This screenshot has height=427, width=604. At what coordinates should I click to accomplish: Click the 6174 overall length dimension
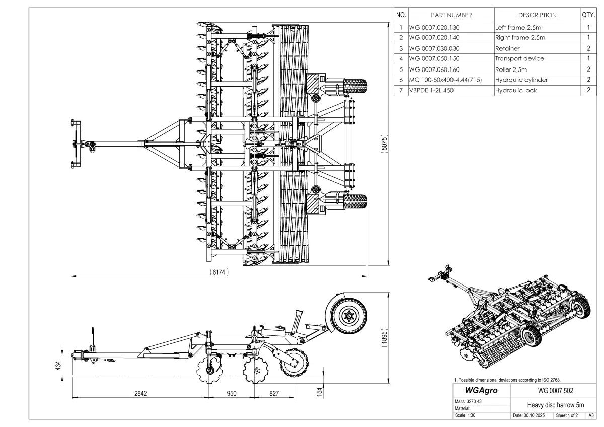[x=219, y=272]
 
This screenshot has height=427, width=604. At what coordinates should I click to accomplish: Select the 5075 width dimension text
[x=384, y=145]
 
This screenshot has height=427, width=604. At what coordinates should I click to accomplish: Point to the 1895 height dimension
[x=384, y=338]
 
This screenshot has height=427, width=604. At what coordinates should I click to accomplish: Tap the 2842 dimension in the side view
[x=140, y=393]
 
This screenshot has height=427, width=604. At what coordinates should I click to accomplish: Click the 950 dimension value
[x=231, y=393]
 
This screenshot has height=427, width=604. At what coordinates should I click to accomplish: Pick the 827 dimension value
[x=273, y=393]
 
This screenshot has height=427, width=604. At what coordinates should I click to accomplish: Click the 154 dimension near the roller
[x=319, y=392]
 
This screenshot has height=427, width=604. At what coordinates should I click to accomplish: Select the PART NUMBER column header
[x=451, y=15]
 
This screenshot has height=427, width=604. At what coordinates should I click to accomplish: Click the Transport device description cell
[x=519, y=58]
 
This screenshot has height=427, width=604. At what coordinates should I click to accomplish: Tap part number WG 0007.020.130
[x=434, y=27]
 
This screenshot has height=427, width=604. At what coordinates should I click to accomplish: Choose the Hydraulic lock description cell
[x=516, y=90]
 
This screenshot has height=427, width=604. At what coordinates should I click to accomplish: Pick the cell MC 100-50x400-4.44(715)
[x=445, y=80]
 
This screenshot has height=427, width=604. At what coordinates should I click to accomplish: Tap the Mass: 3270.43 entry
[x=468, y=401]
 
